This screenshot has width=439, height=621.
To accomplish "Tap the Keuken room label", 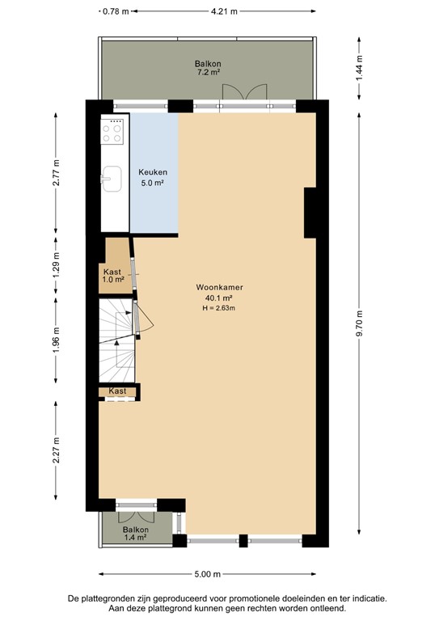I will [x=152, y=172].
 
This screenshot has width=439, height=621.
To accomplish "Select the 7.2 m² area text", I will [x=207, y=73].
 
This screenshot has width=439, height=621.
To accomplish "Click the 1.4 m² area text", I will [x=136, y=537].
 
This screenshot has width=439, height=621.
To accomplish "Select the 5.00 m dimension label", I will [x=207, y=575].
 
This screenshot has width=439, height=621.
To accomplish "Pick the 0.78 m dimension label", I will [x=116, y=11].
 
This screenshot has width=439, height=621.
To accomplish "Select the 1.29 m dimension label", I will [x=56, y=268].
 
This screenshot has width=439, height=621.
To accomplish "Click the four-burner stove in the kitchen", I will [x=113, y=132].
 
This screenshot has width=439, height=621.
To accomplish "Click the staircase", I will [x=116, y=340].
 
